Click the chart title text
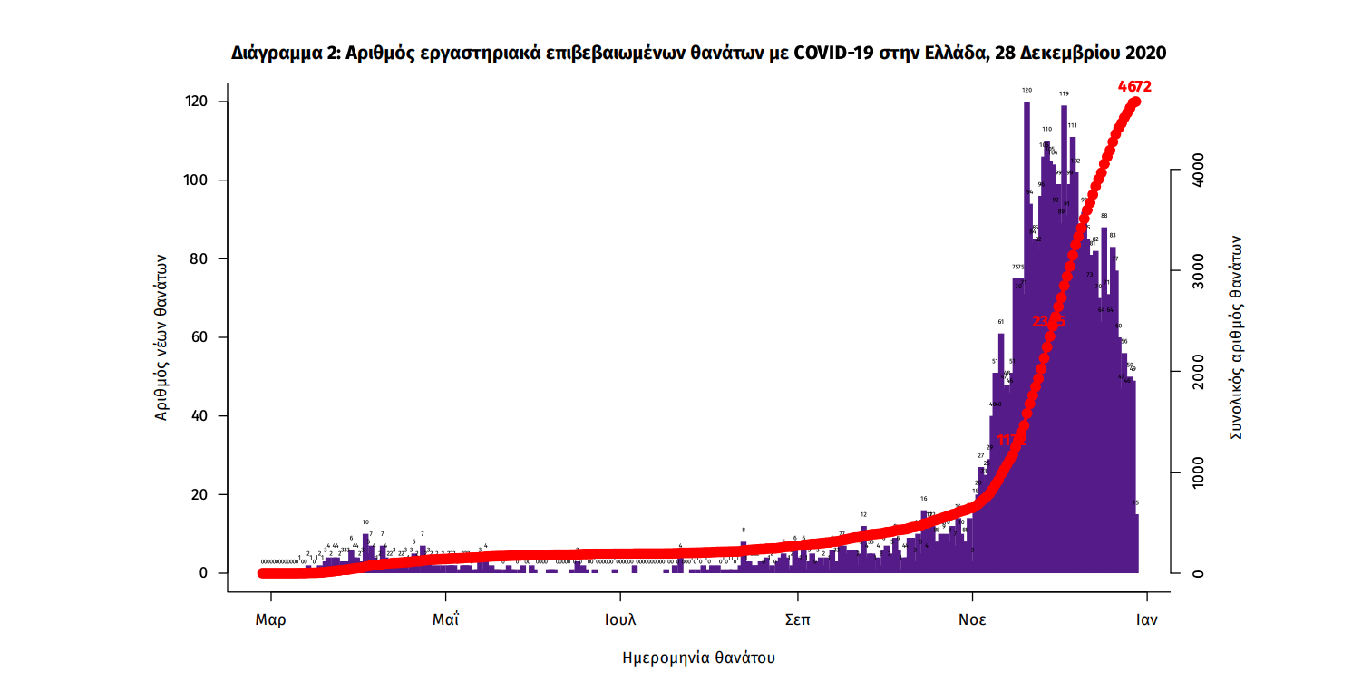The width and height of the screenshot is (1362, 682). (698, 54)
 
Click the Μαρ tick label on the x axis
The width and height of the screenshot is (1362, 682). (270, 621)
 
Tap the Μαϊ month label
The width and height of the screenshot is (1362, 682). (445, 621)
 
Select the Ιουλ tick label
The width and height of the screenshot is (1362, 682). (620, 621)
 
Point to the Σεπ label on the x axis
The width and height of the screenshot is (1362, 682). (797, 621)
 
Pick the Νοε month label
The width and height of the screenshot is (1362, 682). (972, 621)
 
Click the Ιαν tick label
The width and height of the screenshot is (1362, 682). (1148, 621)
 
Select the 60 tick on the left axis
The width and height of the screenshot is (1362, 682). (202, 337)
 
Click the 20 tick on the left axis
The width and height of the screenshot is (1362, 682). (202, 495)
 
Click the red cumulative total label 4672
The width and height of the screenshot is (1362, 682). (1134, 87)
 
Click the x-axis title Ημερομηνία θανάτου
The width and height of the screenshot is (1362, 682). (699, 657)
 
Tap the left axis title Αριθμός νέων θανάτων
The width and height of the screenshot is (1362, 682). (161, 337)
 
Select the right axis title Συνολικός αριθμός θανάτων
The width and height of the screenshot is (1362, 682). (1236, 337)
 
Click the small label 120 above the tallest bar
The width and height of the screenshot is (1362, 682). (1027, 91)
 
